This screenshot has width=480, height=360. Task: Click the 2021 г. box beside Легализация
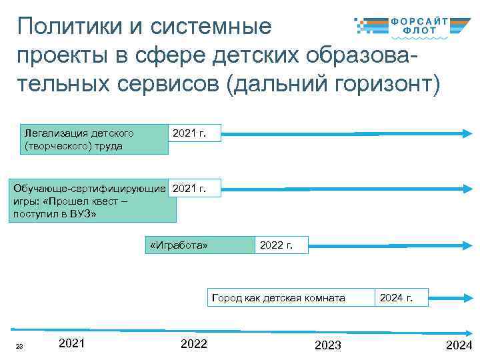pos(193,134)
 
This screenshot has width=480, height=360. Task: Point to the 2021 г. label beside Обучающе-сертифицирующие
pos(193,189)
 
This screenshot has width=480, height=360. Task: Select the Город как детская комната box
pos(289,298)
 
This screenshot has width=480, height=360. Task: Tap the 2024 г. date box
pos(401,298)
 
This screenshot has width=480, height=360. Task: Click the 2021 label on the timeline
pos(71,343)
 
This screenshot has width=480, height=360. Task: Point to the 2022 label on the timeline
pos(194,344)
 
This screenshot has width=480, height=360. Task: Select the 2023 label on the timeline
pos(327,345)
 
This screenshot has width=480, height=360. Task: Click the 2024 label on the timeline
pos(459,345)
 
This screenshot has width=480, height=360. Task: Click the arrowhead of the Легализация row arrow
pos(466,135)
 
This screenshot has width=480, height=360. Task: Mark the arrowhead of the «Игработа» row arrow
pos(466,246)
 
